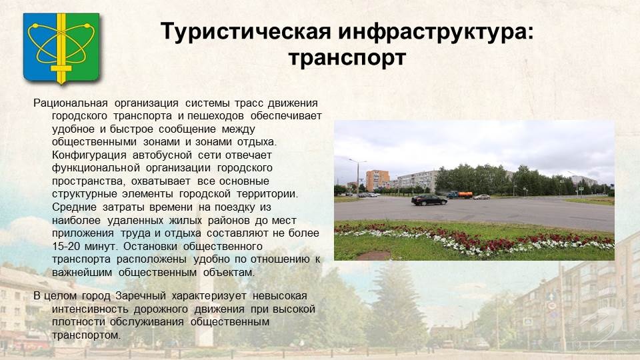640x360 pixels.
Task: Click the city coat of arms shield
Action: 61,48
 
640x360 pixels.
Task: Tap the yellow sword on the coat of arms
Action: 61,49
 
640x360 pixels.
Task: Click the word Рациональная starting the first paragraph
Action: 71,103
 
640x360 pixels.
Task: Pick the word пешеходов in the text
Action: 215,116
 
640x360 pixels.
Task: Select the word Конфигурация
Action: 89,155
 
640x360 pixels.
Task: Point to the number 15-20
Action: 66,247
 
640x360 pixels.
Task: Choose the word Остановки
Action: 150,247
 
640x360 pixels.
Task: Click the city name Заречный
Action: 141,296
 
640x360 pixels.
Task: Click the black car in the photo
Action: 429,200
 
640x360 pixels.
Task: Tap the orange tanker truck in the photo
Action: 460,195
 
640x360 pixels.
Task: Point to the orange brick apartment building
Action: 377,180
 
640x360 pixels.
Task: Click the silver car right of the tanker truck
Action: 481,197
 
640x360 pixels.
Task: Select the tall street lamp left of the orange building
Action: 357,178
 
